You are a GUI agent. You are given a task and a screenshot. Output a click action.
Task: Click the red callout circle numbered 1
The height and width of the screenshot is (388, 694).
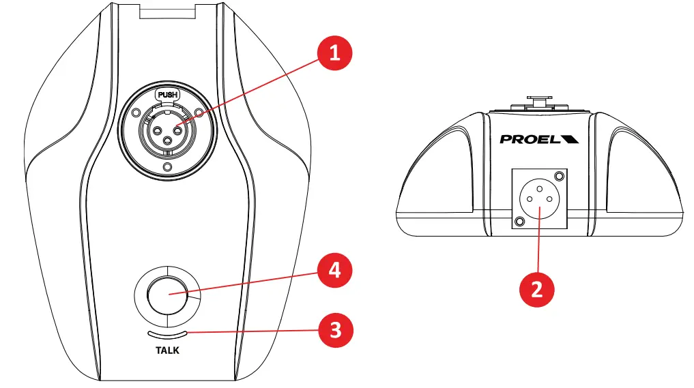pyautogui.click(x=334, y=53)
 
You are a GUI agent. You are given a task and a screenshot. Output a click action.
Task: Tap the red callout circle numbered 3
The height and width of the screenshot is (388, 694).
pyautogui.click(x=334, y=332)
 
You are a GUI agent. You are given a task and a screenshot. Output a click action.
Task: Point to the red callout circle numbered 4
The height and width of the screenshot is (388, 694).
pyautogui.click(x=334, y=270)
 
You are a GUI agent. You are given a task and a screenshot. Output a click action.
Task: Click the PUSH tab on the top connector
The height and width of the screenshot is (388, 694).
pyautogui.click(x=167, y=95)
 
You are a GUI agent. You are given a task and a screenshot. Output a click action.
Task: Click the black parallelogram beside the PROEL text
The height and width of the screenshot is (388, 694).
pyautogui.click(x=570, y=139)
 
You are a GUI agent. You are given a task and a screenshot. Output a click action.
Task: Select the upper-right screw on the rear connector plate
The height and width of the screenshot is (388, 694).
pyautogui.click(x=560, y=175)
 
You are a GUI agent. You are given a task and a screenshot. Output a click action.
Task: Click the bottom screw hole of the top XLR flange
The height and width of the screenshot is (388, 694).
pyautogui.click(x=167, y=166)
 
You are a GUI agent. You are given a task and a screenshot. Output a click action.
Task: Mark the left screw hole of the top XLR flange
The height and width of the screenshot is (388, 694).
pyautogui.click(x=135, y=112)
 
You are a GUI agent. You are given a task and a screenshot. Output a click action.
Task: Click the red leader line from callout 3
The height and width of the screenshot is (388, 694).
pyautogui.click(x=252, y=332)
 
